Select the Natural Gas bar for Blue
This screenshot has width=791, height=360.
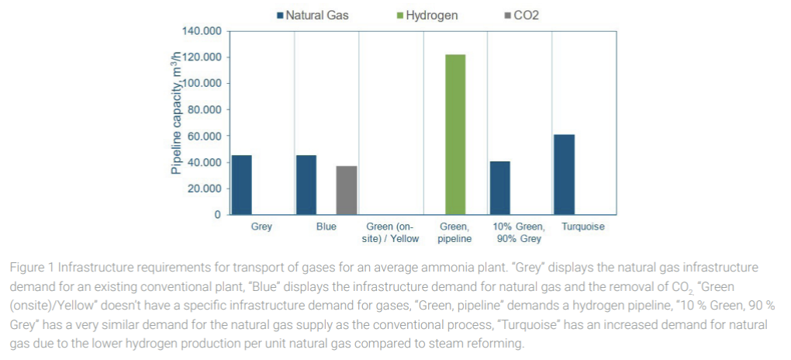coord(306,185)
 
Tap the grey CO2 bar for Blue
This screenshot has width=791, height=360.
coord(347,190)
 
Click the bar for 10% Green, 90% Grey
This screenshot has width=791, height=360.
coord(499,188)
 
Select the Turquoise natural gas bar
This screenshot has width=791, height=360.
coord(564,175)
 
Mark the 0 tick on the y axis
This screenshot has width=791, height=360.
coord(219,215)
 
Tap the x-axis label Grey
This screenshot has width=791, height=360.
coord(261,227)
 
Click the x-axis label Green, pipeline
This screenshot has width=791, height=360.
coord(455,233)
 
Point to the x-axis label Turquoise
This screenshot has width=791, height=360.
coord(583,227)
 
